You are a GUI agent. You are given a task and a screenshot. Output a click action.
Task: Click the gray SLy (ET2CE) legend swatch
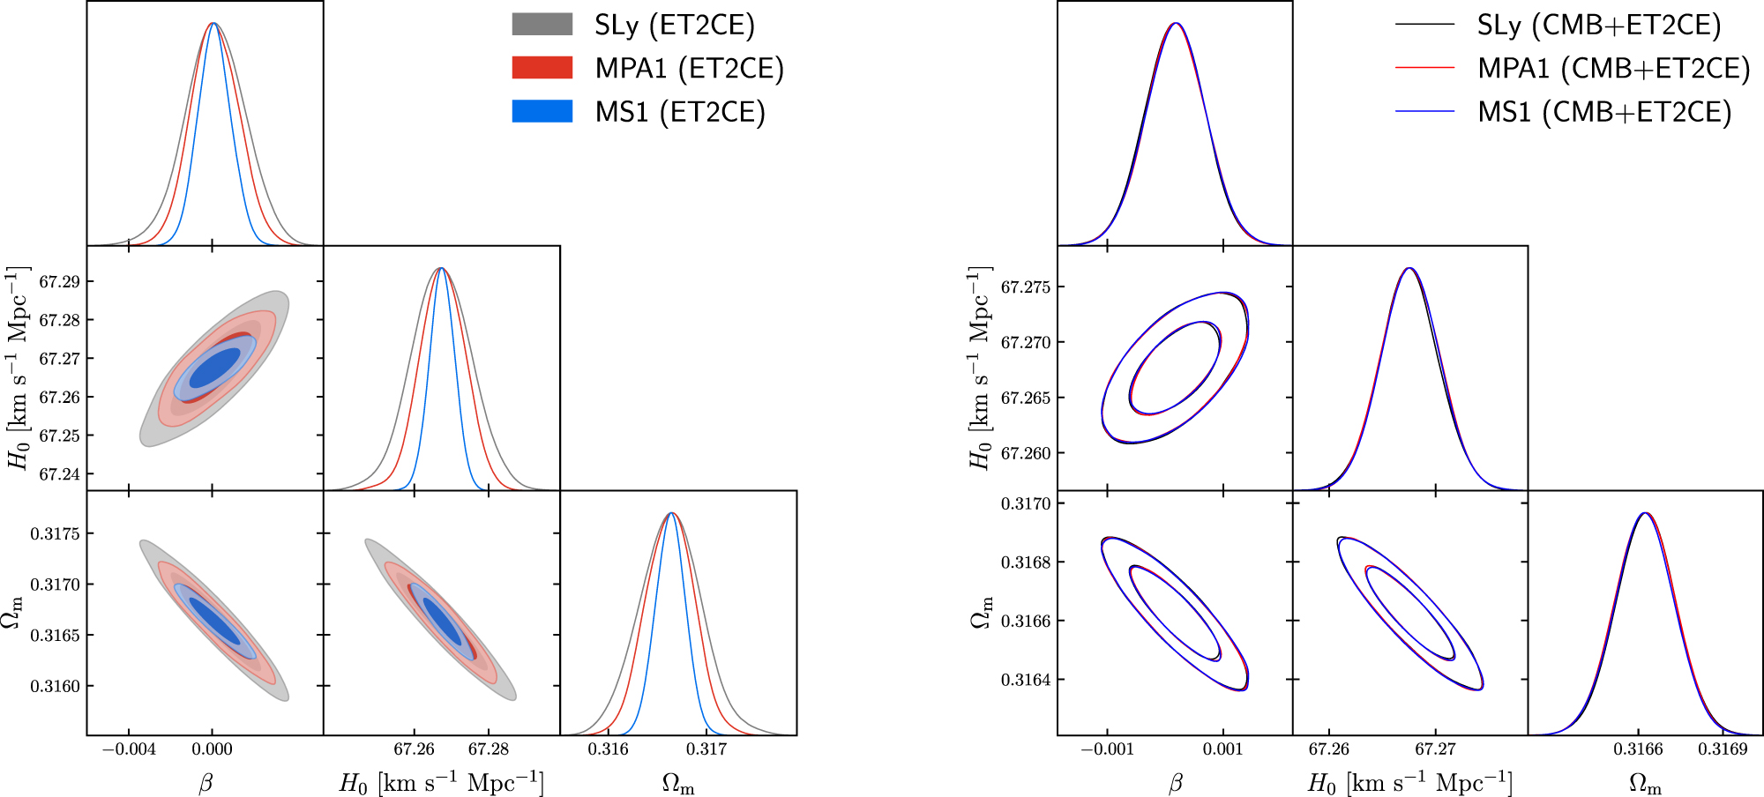pos(542,24)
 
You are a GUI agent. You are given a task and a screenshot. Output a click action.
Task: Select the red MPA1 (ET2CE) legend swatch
pos(542,68)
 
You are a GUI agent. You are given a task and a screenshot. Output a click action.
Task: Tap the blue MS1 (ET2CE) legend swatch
pos(542,111)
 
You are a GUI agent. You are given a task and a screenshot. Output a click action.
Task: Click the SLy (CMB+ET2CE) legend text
pos(1599,25)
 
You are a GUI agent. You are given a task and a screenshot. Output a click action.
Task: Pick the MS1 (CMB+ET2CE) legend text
pos(1604,112)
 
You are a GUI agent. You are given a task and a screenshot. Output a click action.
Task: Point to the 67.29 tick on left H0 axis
pos(59,282)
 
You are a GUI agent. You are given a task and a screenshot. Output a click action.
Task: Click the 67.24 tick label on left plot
pos(59,474)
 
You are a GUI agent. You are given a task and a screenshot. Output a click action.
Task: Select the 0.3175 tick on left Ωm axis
pos(55,533)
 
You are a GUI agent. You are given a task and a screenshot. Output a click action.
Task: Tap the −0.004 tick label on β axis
pos(129,749)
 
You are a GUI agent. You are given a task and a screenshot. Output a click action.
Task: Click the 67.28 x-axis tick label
pos(488,749)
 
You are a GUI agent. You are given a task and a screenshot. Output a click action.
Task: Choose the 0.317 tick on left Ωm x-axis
pos(706,749)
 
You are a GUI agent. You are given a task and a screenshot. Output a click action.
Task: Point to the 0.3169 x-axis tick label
pos(1723,749)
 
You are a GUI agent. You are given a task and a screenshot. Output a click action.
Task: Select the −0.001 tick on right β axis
pos(1107,749)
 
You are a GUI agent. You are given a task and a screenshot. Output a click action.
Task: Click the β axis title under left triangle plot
pos(206,783)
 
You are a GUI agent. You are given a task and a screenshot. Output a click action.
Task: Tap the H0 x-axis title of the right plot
pos(1409,783)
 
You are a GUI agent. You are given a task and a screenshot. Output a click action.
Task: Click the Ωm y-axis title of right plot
pos(981,612)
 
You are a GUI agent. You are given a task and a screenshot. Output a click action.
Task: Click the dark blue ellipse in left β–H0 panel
pos(214,368)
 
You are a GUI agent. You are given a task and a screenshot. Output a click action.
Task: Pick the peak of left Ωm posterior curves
pos(672,513)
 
